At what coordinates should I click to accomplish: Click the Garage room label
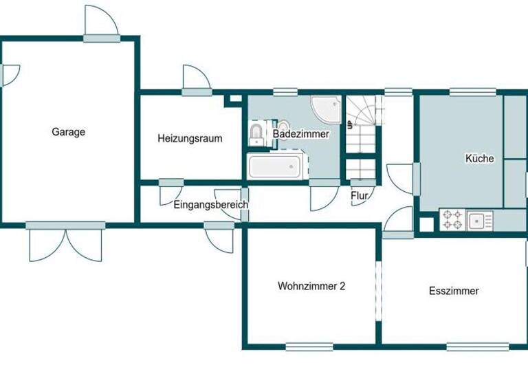[68, 132]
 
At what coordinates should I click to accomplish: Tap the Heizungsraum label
[190, 138]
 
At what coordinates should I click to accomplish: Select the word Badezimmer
[300, 134]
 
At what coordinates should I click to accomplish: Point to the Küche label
[479, 159]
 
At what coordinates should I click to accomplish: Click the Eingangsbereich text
[210, 205]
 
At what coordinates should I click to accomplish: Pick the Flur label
[359, 196]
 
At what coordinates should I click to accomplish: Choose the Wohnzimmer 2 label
[311, 286]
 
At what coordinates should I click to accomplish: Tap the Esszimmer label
[454, 291]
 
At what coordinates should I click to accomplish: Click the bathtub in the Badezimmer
[274, 166]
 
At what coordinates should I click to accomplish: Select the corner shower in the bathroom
[326, 108]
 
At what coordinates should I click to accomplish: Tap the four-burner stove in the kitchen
[451, 220]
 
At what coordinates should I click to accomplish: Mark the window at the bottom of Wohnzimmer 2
[309, 346]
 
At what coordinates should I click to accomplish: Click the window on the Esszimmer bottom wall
[477, 346]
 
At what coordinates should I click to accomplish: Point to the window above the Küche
[472, 91]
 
